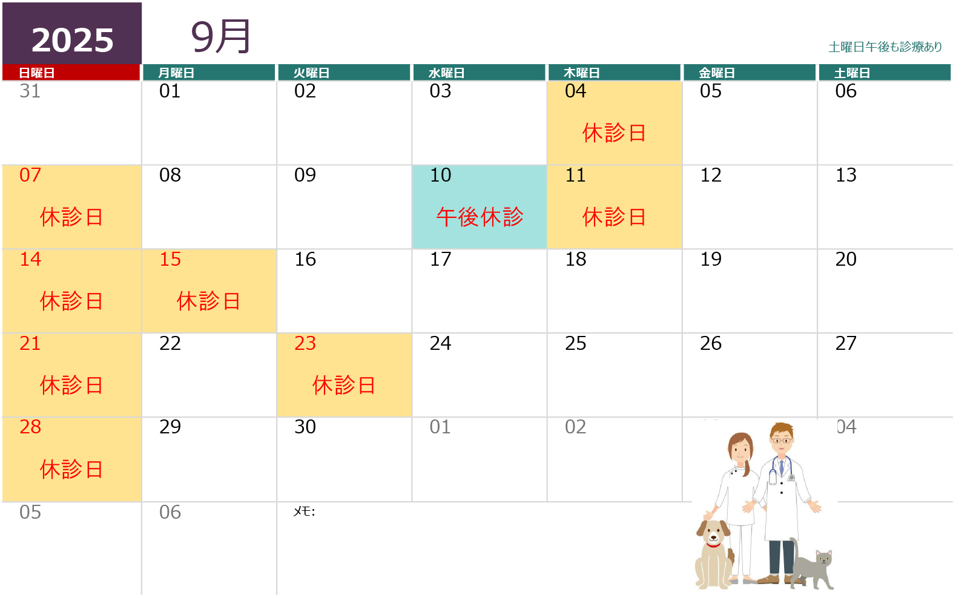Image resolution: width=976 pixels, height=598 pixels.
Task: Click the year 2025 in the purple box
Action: [72, 40]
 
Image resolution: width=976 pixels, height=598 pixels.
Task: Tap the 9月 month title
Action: [220, 36]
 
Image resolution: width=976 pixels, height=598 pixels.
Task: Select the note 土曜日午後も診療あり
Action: [885, 47]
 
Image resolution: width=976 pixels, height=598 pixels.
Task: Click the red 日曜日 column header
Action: [36, 73]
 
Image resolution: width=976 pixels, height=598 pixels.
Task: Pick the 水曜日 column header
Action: [447, 73]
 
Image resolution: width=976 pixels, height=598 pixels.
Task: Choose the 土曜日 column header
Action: [852, 73]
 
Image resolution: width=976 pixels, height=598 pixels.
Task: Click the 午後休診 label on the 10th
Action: [480, 217]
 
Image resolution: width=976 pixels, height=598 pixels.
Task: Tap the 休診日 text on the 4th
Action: [615, 133]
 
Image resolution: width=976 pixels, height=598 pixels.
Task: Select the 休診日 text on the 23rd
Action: [345, 385]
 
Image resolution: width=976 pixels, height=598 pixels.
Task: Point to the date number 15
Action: [170, 259]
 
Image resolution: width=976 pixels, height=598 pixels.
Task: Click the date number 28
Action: [30, 427]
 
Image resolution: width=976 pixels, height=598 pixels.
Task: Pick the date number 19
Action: [711, 259]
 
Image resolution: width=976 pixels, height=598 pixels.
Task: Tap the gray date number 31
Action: [30, 91]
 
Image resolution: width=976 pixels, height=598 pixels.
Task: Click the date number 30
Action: [305, 427]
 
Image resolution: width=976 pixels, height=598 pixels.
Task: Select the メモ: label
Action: [304, 511]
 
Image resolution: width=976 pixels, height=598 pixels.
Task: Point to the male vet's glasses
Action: [782, 441]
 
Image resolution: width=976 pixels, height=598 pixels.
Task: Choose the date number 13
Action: [846, 175]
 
